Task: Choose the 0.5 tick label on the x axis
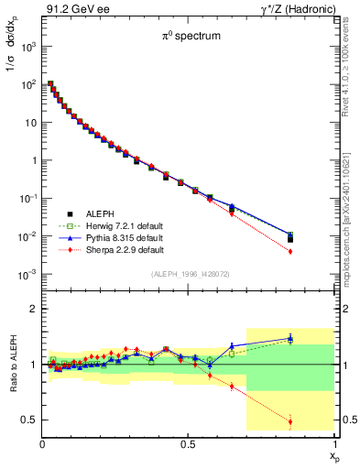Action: click(188, 444)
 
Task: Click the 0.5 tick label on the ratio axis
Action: click(28, 420)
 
